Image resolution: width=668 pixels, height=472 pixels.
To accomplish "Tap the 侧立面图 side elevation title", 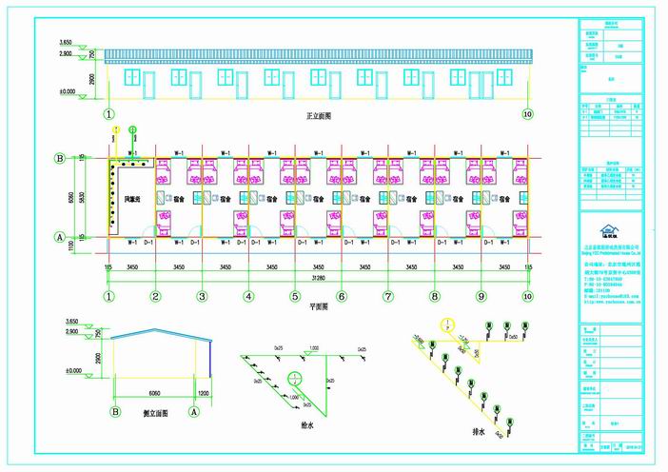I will tap(153, 413).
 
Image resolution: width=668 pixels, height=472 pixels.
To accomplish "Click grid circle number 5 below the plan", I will tap(295, 296).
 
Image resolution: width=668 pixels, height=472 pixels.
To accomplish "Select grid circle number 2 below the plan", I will tap(154, 296).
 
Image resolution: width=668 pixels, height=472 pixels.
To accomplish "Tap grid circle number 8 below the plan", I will tap(435, 296).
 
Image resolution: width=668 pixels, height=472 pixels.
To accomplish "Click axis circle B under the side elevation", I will tap(115, 412).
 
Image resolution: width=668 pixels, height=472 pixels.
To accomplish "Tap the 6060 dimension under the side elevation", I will tap(153, 391).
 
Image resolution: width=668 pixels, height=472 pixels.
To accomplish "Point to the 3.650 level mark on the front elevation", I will tap(66, 43).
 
